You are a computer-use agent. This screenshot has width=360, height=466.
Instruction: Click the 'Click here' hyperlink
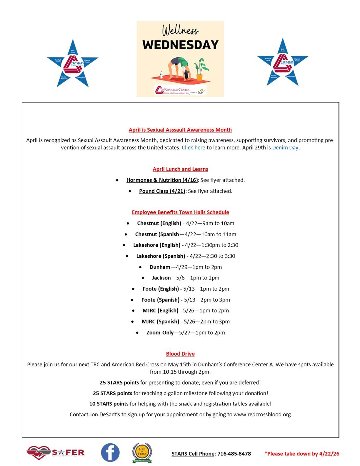click(193, 148)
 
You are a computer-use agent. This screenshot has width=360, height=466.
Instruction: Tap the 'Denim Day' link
click(285, 148)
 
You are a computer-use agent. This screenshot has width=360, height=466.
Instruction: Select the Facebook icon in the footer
click(110, 452)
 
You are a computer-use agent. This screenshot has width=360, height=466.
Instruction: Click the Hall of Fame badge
click(142, 452)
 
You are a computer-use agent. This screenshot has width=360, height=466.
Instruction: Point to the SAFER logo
click(56, 452)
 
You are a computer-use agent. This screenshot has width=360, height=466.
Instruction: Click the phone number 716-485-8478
click(234, 454)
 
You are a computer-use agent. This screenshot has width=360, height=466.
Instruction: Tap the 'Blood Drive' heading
click(180, 354)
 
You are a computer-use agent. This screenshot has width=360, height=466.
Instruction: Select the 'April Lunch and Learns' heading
click(180, 169)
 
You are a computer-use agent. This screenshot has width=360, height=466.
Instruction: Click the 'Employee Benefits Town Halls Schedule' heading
click(180, 212)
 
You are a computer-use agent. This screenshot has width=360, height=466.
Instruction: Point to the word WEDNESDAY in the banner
click(180, 45)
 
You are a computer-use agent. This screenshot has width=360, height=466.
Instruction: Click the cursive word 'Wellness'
click(180, 30)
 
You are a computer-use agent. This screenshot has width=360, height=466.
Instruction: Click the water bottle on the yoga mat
click(161, 75)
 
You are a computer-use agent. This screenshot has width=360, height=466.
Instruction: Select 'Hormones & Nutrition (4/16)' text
click(162, 180)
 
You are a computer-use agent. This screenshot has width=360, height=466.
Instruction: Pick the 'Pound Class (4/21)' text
click(162, 191)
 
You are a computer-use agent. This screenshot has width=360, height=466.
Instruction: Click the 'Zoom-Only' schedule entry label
click(160, 332)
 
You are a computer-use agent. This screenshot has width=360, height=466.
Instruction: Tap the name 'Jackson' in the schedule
click(161, 278)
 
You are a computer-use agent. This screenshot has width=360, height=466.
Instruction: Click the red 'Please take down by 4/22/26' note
click(302, 454)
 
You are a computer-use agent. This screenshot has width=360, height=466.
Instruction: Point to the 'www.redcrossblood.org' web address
click(262, 415)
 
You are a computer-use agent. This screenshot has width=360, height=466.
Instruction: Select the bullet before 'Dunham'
click(140, 267)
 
